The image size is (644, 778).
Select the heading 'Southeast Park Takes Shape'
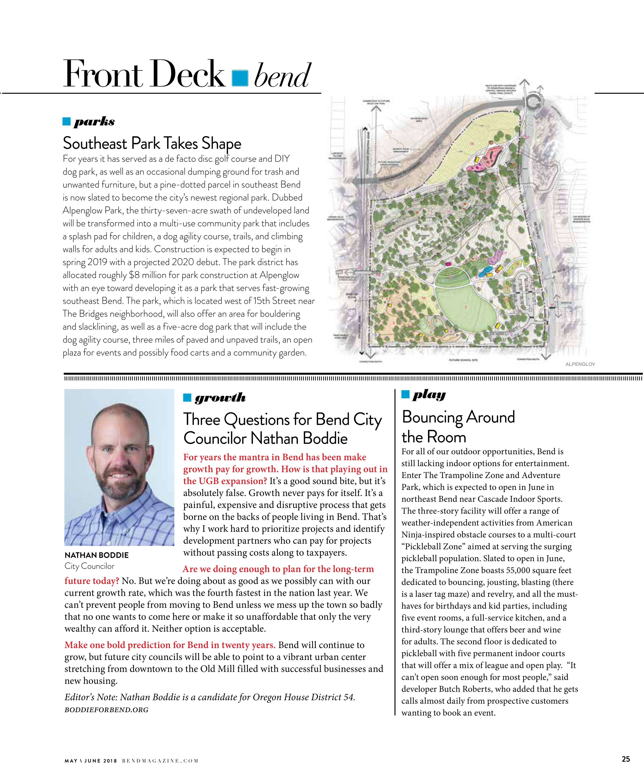(x=152, y=143)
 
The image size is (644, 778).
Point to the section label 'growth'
(x=220, y=398)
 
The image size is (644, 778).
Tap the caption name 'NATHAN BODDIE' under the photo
(x=96, y=555)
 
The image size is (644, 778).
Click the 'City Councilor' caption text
(x=89, y=566)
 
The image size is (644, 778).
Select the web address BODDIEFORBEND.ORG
(x=106, y=710)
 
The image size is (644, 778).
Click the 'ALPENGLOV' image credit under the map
(x=580, y=364)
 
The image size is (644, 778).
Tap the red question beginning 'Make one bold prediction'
(x=170, y=645)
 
